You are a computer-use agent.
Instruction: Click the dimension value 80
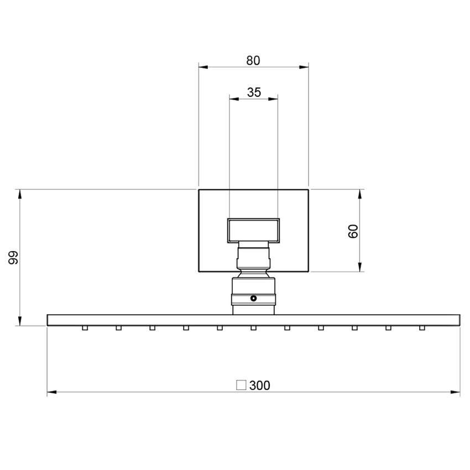[253, 61]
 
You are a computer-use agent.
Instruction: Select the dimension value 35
[254, 92]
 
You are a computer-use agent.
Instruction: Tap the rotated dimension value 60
[353, 231]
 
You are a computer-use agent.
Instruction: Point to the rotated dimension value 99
[13, 258]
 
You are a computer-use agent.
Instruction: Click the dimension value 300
[259, 385]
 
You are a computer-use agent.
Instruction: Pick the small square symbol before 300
[241, 385]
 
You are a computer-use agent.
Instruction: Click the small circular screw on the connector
[254, 298]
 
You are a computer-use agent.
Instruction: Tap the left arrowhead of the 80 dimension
[203, 67]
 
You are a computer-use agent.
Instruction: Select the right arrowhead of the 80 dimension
[304, 67]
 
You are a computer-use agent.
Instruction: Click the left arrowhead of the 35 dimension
[234, 98]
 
